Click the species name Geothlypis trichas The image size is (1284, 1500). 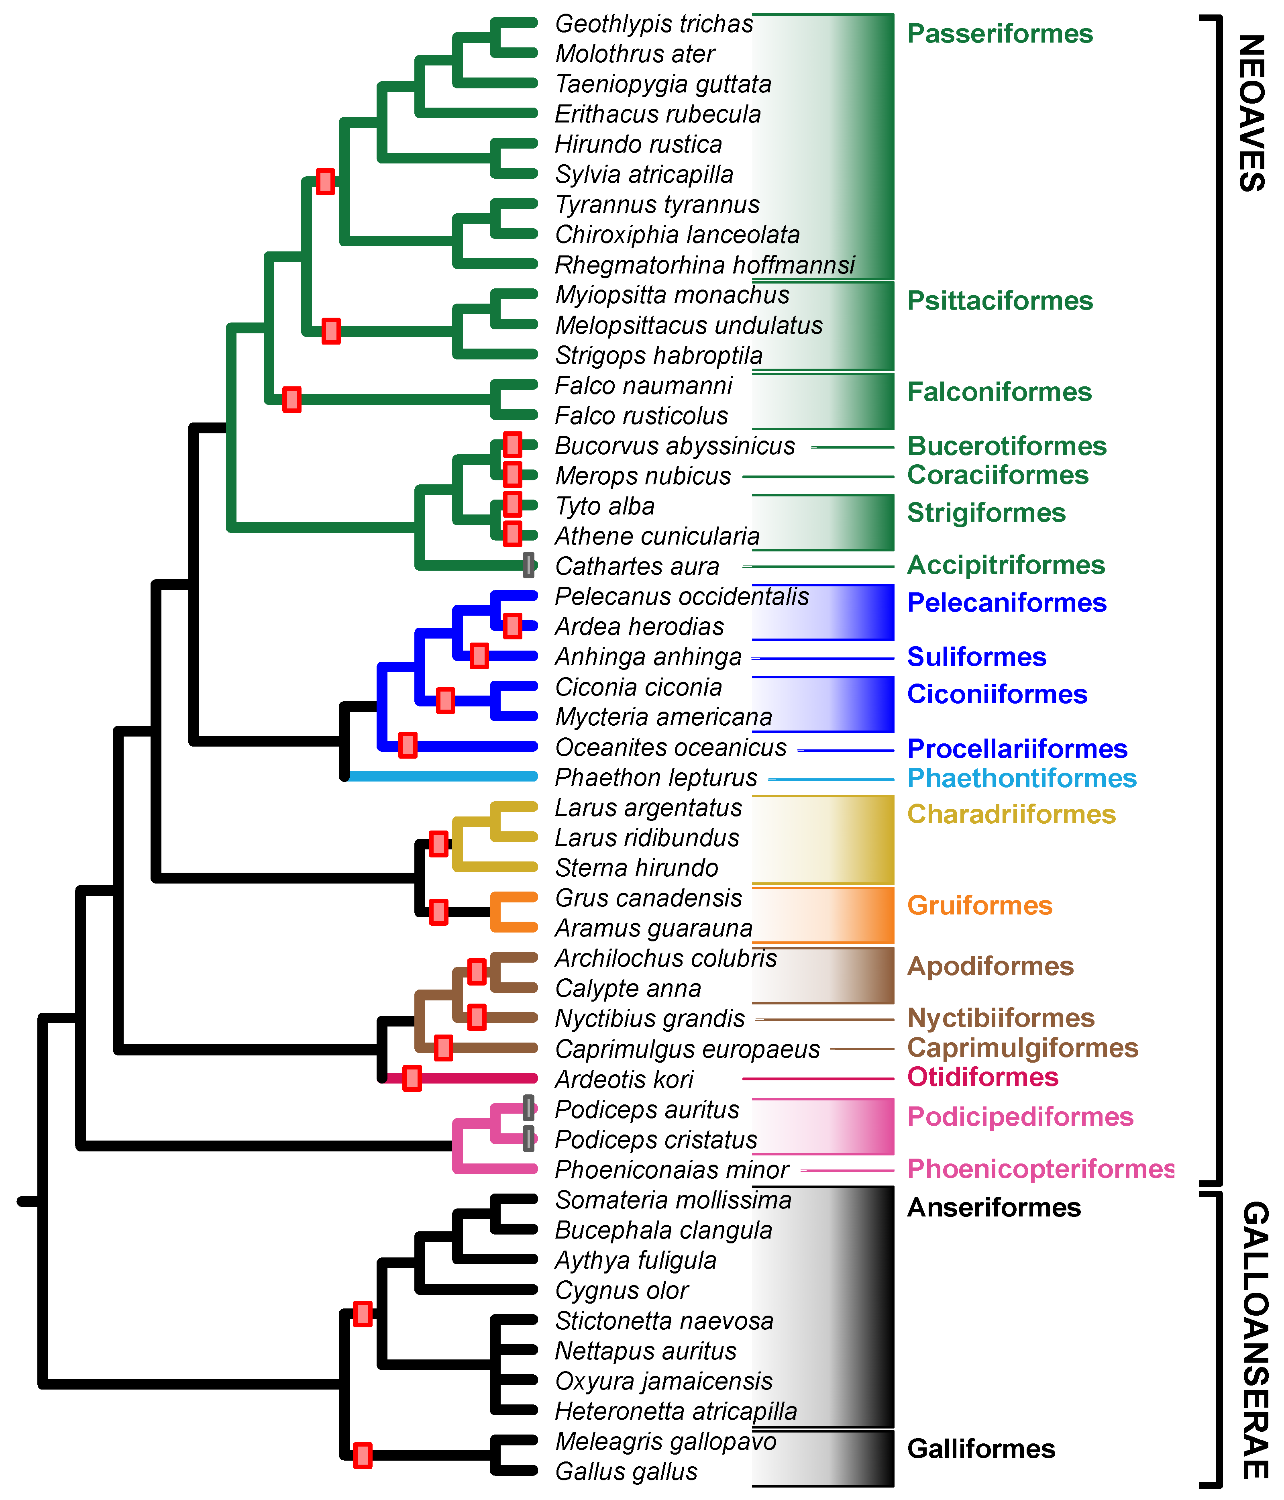click(654, 24)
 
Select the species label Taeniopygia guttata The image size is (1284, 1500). click(662, 84)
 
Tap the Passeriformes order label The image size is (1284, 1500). click(1000, 34)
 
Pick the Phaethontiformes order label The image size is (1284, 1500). click(1021, 778)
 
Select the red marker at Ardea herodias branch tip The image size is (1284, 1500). click(512, 625)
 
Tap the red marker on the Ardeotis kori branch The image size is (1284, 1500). click(412, 1078)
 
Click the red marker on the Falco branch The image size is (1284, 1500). click(291, 399)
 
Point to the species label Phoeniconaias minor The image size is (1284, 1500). click(671, 1170)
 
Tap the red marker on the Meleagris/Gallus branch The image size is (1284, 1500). click(363, 1455)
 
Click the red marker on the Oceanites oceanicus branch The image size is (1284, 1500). click(408, 745)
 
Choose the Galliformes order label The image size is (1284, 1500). click(981, 1449)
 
